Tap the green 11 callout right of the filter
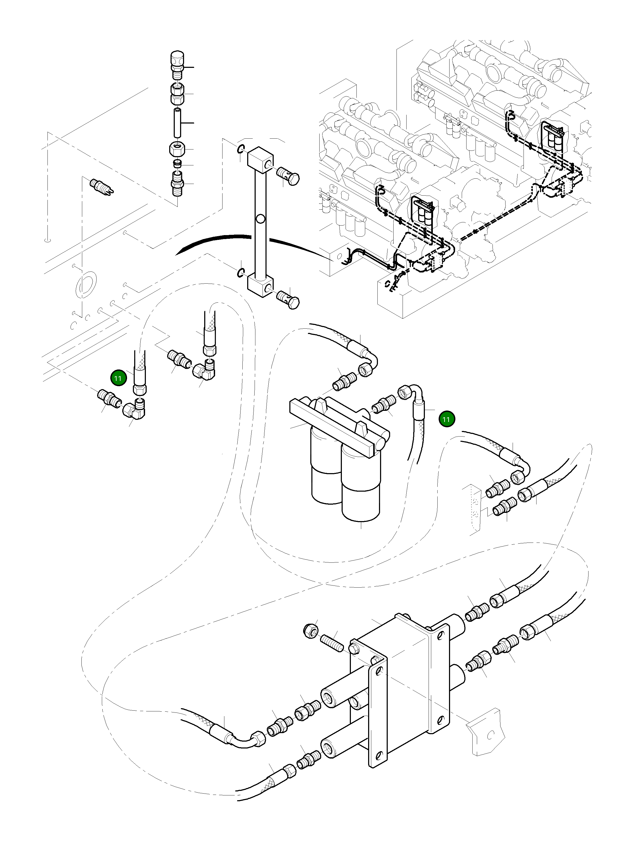446,419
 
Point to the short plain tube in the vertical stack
177,123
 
